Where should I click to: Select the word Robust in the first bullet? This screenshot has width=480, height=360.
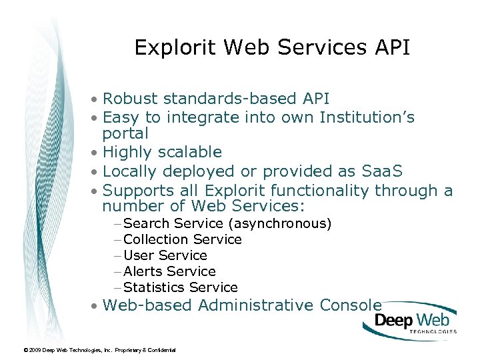point(131,99)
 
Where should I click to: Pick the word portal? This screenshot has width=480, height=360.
point(125,133)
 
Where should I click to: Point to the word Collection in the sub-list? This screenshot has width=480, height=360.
point(156,239)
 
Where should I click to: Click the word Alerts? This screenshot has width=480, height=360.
point(143,271)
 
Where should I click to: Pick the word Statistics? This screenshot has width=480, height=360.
point(154,287)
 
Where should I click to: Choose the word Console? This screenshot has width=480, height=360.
point(351,305)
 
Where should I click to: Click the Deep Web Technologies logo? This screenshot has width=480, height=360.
point(410,322)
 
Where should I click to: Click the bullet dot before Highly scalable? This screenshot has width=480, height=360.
point(97,153)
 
